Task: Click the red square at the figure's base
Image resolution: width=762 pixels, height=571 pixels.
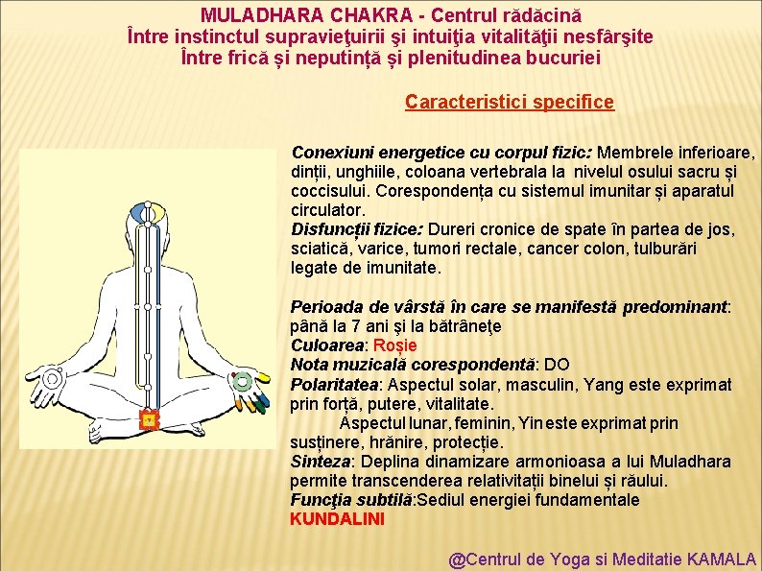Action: pyautogui.click(x=148, y=418)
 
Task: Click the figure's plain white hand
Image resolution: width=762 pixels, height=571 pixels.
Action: pyautogui.click(x=48, y=380)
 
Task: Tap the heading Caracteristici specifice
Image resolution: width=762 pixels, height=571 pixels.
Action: pyautogui.click(x=509, y=102)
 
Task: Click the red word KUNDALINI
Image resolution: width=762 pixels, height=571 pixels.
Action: pyautogui.click(x=337, y=519)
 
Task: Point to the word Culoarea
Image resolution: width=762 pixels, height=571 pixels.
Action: pyautogui.click(x=327, y=345)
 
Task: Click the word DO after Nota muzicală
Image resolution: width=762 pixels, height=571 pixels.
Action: pyautogui.click(x=558, y=365)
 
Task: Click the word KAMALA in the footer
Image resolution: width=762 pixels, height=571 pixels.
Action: pyautogui.click(x=724, y=559)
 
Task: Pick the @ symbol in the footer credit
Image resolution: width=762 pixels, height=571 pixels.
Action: pyautogui.click(x=458, y=559)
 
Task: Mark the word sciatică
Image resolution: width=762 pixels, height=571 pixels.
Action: pyautogui.click(x=320, y=249)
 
